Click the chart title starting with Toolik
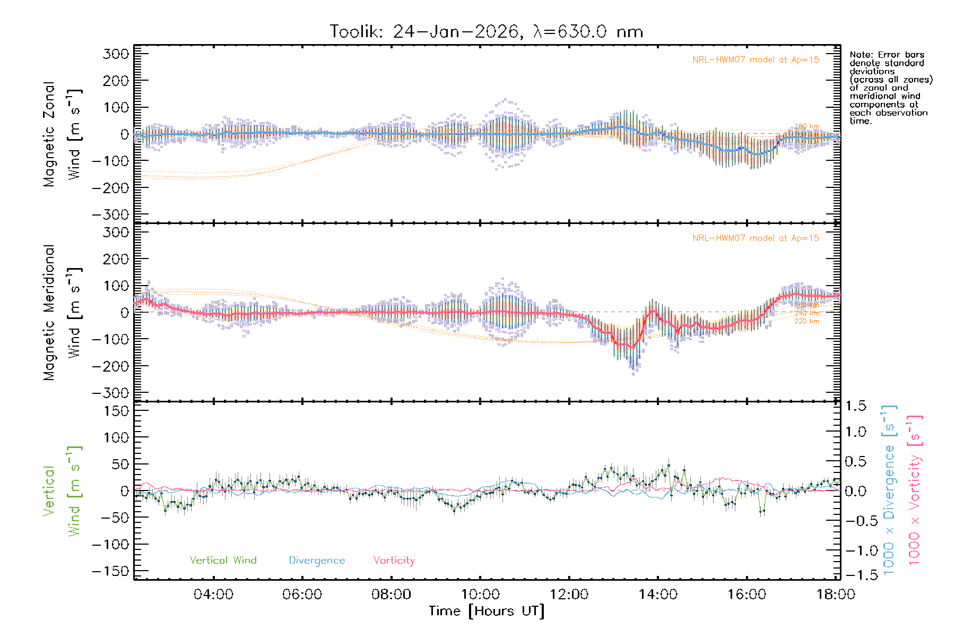(486, 32)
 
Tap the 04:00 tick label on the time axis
(213, 595)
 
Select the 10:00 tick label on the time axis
(480, 595)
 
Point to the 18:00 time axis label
(836, 595)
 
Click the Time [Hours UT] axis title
(487, 612)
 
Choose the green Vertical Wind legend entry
(223, 561)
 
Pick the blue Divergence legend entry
(317, 561)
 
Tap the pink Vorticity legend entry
(394, 561)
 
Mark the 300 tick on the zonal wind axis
(116, 54)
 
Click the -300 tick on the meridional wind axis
(110, 393)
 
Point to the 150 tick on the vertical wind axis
(116, 411)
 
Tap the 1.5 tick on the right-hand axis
(856, 406)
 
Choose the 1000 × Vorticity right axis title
(915, 490)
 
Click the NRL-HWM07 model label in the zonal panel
(756, 60)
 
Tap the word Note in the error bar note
(860, 55)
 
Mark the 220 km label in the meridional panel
(806, 321)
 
